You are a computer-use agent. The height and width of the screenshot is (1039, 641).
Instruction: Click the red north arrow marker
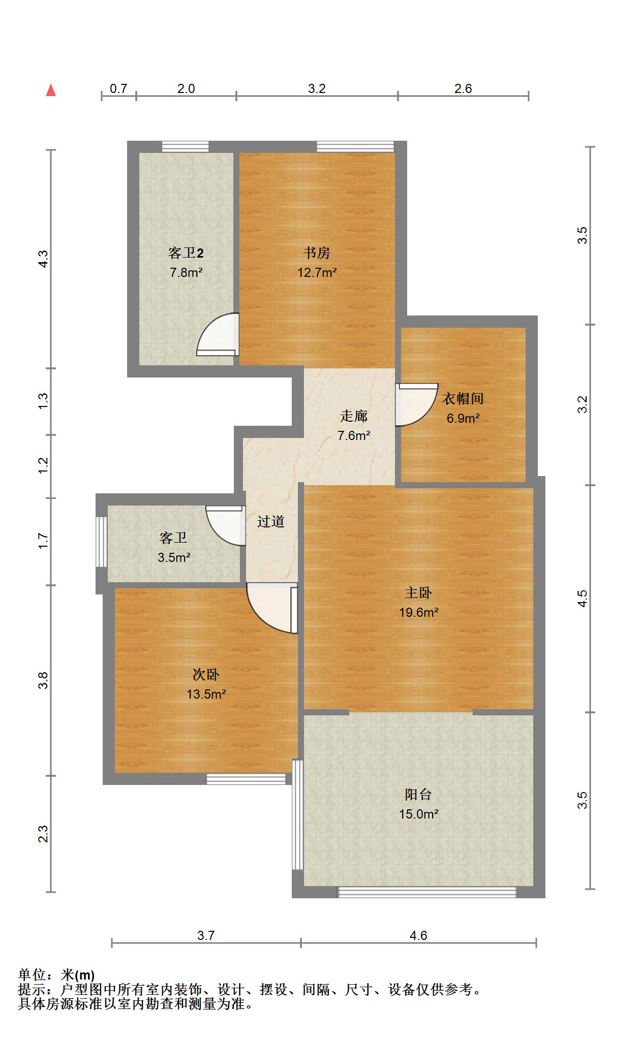(51, 90)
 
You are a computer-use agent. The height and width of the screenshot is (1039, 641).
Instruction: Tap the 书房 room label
(317, 253)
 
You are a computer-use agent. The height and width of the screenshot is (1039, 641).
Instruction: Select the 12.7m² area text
(317, 272)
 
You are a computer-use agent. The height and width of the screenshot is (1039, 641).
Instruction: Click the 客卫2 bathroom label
(186, 253)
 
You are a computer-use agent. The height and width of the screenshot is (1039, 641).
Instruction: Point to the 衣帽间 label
(463, 398)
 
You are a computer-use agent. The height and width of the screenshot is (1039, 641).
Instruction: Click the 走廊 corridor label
(354, 416)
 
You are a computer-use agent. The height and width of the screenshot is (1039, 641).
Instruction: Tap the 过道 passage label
(270, 521)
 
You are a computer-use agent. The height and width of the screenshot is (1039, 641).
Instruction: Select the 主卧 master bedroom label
(418, 592)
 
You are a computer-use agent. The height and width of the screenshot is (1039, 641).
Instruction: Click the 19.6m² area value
(419, 612)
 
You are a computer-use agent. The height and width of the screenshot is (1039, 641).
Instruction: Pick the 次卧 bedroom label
(206, 674)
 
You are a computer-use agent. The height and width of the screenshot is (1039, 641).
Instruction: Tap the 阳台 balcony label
(418, 794)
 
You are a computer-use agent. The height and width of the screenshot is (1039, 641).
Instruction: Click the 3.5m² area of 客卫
(174, 557)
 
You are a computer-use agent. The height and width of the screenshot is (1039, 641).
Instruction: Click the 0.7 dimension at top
(118, 88)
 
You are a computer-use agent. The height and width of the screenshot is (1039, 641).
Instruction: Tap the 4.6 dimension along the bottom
(418, 935)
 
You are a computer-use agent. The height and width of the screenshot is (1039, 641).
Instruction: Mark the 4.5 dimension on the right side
(583, 598)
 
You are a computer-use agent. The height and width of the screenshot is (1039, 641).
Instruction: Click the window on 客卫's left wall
(102, 542)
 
